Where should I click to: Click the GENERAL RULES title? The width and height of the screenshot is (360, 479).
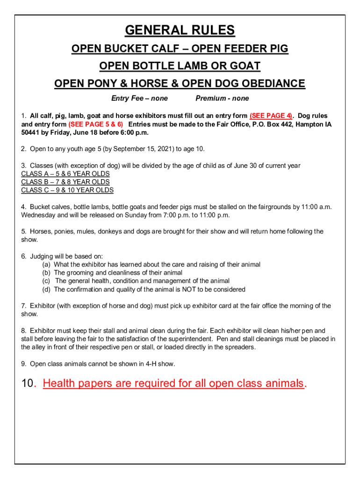point(180,31)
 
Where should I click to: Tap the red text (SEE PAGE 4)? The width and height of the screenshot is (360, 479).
point(271,116)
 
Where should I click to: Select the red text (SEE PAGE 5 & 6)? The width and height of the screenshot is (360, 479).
point(96,124)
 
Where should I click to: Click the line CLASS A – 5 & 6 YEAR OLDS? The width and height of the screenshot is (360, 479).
point(65,174)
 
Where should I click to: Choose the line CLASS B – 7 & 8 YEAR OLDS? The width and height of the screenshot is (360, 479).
point(65,182)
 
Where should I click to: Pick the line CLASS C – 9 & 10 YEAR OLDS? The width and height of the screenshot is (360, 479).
point(67,190)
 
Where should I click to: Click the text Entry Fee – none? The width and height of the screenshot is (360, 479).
point(139,98)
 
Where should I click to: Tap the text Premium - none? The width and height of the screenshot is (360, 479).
point(222,98)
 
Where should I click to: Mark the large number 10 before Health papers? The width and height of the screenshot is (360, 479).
point(28,384)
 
